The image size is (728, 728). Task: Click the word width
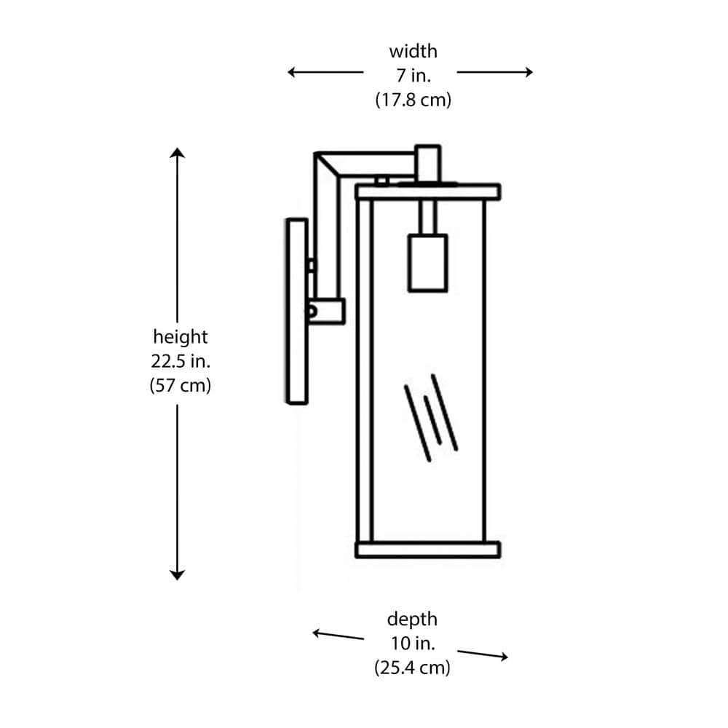(413, 52)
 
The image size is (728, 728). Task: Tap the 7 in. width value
(413, 76)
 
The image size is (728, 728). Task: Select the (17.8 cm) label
(413, 100)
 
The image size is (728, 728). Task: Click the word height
(180, 337)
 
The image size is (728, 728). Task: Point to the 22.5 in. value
(180, 361)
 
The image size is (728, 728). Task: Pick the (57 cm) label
(180, 385)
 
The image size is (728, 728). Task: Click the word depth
(412, 620)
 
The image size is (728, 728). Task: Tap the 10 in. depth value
(412, 644)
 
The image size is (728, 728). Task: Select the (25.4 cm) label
(412, 667)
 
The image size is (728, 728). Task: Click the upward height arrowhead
(177, 152)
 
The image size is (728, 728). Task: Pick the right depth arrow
(483, 653)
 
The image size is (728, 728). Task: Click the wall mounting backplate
(296, 311)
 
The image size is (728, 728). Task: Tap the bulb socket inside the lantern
(427, 262)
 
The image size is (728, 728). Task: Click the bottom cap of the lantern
(427, 549)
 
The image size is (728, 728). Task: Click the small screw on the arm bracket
(312, 310)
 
